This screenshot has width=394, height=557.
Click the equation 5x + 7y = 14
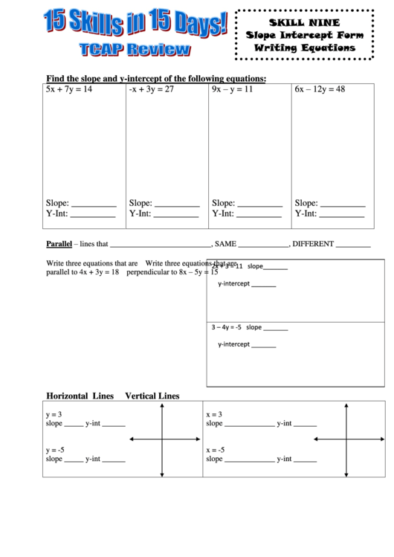pyautogui.click(x=68, y=89)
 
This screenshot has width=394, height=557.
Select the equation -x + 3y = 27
pyautogui.click(x=151, y=89)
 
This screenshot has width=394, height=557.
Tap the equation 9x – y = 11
pyautogui.click(x=233, y=89)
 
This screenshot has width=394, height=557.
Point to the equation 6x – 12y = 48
pyautogui.click(x=320, y=89)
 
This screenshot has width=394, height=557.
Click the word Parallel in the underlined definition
pyautogui.click(x=58, y=243)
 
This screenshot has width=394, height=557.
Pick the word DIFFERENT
pyautogui.click(x=314, y=243)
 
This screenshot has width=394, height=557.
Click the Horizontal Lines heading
pyautogui.click(x=80, y=396)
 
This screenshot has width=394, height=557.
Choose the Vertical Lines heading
pyautogui.click(x=152, y=396)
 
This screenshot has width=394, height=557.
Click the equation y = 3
pyautogui.click(x=54, y=414)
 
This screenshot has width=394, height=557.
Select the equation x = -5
pyautogui.click(x=215, y=450)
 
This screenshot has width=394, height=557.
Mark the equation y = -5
pyautogui.click(x=55, y=450)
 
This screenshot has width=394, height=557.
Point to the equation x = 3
pyautogui.click(x=213, y=414)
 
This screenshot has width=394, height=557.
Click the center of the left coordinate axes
pyautogui.click(x=161, y=440)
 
